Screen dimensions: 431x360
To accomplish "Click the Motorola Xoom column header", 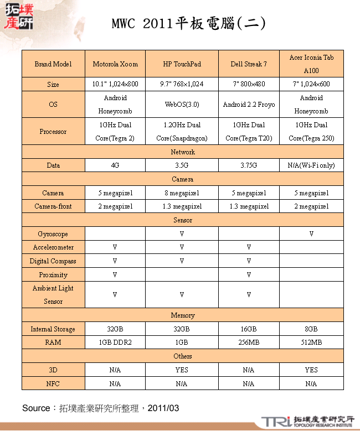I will (x=115, y=64).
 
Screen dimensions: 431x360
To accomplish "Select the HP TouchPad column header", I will (x=182, y=64).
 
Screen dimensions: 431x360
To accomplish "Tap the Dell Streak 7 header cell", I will (x=249, y=64).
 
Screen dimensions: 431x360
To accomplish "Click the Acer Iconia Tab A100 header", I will (x=311, y=64).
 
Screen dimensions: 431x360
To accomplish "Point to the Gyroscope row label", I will (x=53, y=234).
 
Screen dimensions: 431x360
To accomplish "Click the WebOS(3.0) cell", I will (x=182, y=105).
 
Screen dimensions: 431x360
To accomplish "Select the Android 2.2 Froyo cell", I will (x=249, y=105).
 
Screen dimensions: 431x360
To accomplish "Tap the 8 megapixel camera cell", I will (x=182, y=193).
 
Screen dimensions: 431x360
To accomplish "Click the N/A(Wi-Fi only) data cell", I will (x=311, y=165).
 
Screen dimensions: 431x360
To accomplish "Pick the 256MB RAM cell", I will (x=249, y=342).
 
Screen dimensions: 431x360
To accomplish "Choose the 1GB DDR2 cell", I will (x=115, y=342).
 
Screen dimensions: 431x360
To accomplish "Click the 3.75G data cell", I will (x=249, y=165).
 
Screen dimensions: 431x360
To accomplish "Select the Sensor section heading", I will (x=183, y=220).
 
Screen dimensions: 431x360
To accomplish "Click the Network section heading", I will (x=183, y=152).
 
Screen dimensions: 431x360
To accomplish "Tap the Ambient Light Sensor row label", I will (x=53, y=295).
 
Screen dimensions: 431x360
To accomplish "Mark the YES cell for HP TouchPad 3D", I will (x=182, y=370).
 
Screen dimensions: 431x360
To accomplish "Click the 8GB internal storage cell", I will (x=311, y=329).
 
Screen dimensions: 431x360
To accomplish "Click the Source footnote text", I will (x=100, y=408).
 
